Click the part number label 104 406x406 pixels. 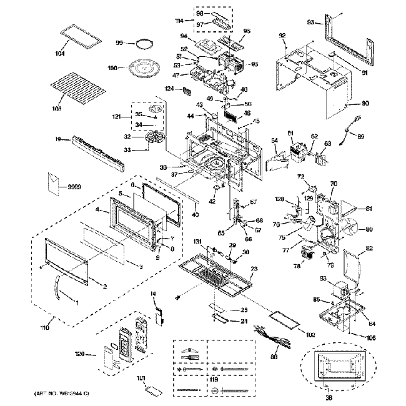pyautogui.click(x=60, y=54)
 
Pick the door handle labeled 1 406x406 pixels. pyautogui.click(x=61, y=290)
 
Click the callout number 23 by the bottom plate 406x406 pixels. pyautogui.click(x=254, y=269)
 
